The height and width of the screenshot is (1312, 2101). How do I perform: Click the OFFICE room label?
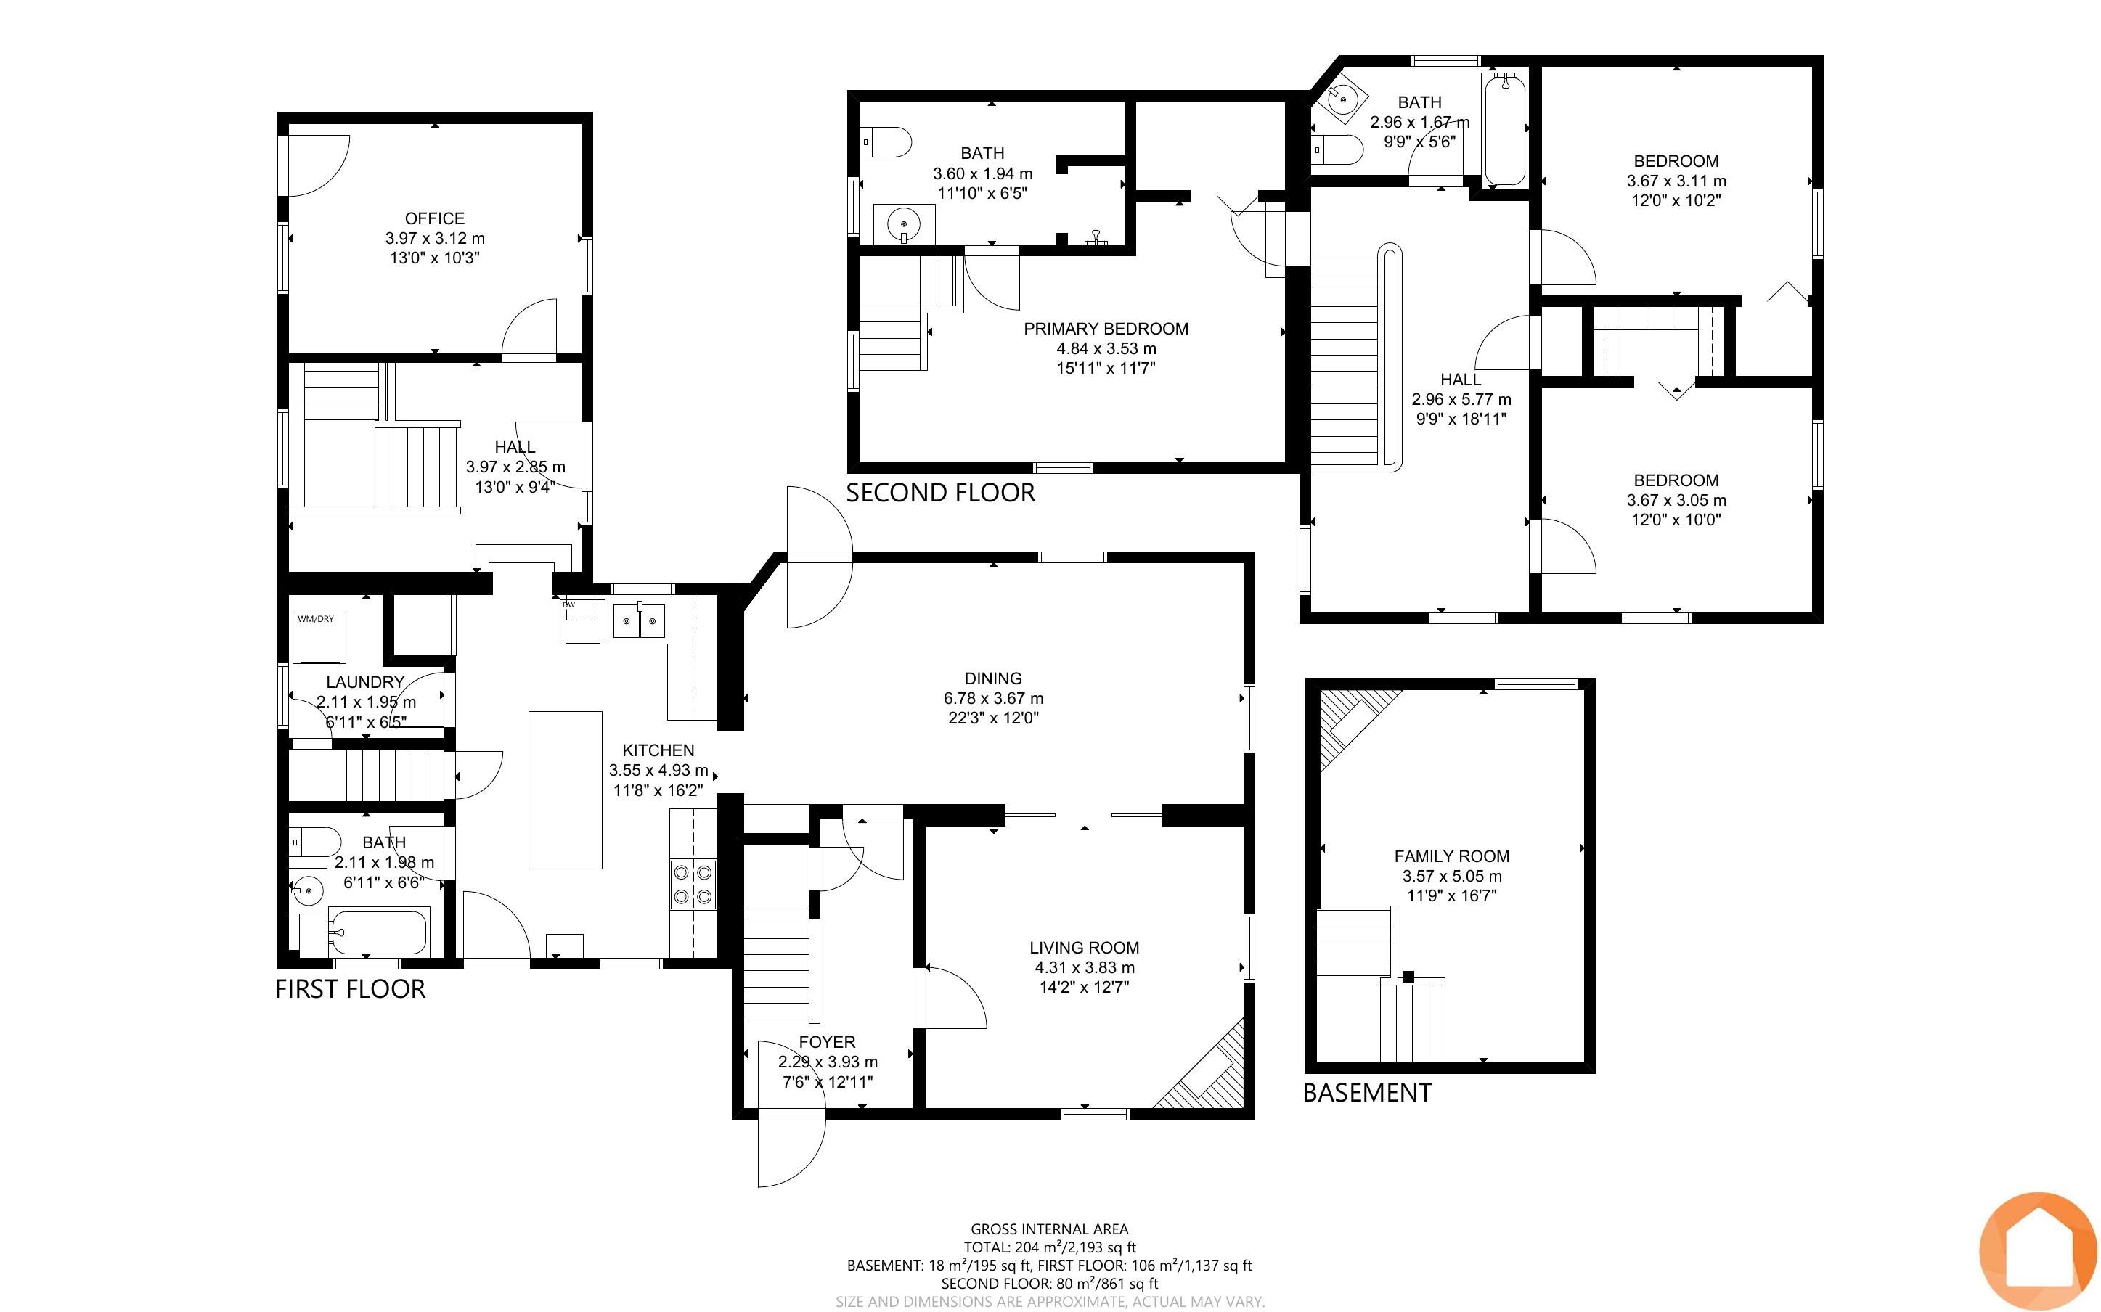[x=435, y=218]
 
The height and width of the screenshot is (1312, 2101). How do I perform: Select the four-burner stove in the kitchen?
[x=693, y=884]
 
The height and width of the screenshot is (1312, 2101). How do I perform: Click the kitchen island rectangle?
[x=566, y=790]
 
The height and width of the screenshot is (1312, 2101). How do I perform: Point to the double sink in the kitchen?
[x=640, y=620]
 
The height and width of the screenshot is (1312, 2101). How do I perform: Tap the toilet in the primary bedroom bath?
[x=885, y=142]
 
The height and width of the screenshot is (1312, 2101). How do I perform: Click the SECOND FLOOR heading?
[x=941, y=493]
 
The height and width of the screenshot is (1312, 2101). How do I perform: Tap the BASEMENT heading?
[x=1368, y=1092]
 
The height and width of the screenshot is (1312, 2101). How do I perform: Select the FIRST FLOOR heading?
[x=351, y=989]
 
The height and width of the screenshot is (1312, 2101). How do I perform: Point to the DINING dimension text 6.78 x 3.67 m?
[x=994, y=699]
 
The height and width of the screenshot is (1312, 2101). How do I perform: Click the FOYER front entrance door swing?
[x=791, y=1149]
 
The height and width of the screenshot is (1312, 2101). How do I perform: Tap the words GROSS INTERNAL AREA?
[x=1049, y=1229]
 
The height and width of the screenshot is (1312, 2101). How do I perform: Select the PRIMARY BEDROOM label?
[x=1106, y=329]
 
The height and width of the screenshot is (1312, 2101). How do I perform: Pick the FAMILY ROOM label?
[x=1452, y=856]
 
